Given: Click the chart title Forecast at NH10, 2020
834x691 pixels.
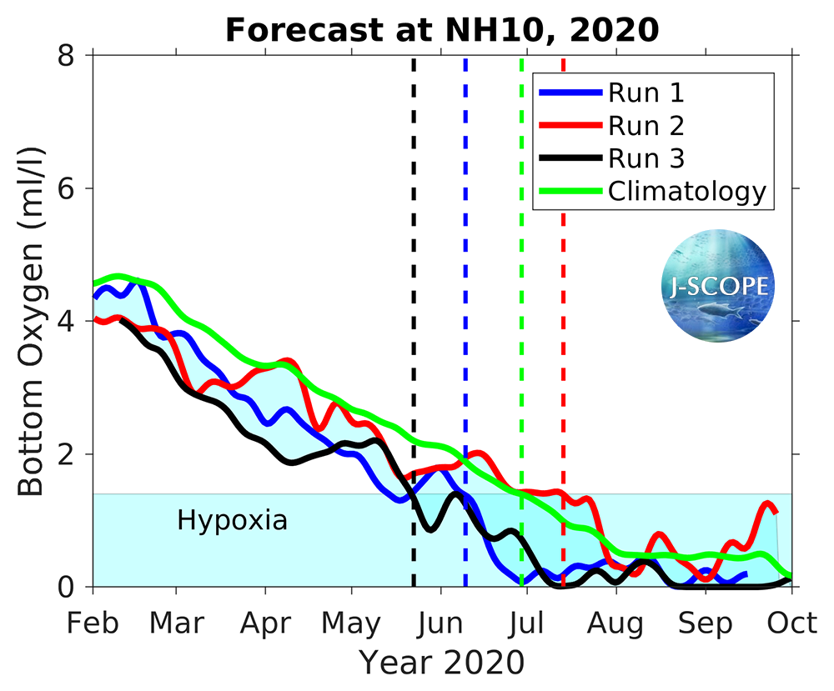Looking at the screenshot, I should coord(442,30).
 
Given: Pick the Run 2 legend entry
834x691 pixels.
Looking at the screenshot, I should coord(646,125).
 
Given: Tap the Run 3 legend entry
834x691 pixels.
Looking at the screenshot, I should coord(646,158).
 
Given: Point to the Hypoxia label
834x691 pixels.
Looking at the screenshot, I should coord(232,521).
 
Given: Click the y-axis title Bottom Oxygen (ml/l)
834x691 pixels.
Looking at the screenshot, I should coord(32,321).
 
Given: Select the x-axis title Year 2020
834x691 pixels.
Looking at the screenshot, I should coord(442,663).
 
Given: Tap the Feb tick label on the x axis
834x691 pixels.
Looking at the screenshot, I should coord(93,624).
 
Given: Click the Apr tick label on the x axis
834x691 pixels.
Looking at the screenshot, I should coord(265,624).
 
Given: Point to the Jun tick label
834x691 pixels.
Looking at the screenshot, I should coord(440,624).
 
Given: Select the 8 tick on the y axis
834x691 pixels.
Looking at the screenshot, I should coord(67,55).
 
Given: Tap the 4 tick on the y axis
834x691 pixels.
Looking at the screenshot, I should coord(67,321).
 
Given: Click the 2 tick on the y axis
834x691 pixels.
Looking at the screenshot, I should coord(67,454).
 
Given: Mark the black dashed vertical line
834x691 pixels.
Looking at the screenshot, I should coord(414,333).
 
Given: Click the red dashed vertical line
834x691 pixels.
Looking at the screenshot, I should coord(563,333).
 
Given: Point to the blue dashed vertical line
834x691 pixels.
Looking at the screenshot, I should coord(465,333).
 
